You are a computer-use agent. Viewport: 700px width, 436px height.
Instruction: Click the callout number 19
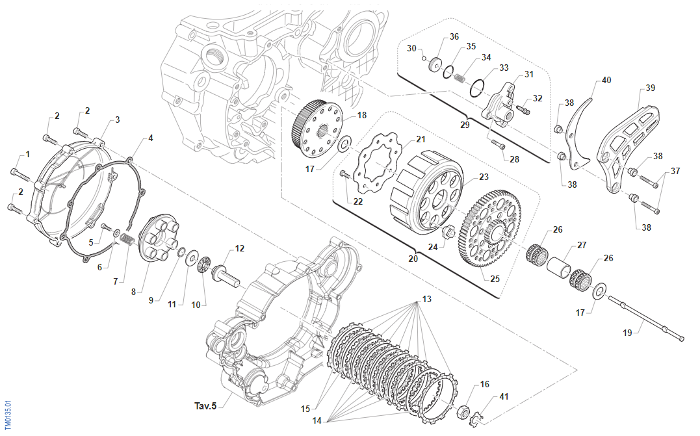coord(627,333)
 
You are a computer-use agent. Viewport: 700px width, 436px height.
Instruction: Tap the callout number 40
coord(606,81)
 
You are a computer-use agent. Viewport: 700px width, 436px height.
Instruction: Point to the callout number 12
coord(240,248)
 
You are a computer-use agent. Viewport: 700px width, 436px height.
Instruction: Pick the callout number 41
coord(504,396)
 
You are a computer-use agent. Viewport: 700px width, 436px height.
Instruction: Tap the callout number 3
coord(118,120)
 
